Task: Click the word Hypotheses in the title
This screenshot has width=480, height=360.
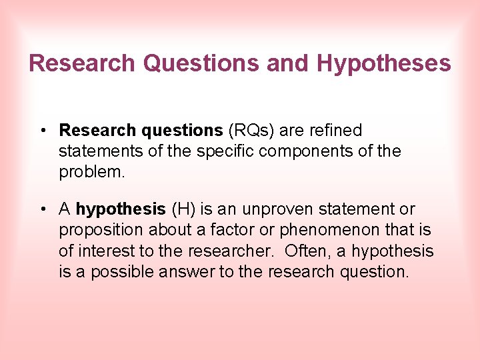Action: [x=384, y=63]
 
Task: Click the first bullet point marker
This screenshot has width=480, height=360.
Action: [x=42, y=130]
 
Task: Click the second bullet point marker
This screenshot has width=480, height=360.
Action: [x=42, y=209]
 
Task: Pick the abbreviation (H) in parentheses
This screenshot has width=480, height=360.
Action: [x=183, y=209]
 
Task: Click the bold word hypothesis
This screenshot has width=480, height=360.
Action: [x=121, y=209]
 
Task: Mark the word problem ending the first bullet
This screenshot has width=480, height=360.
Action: [x=91, y=172]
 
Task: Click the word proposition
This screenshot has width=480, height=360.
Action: [x=101, y=231]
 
